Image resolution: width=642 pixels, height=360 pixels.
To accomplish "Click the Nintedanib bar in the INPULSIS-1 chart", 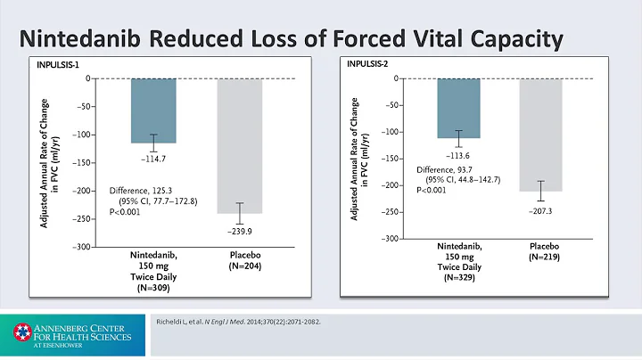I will pyautogui.click(x=153, y=110).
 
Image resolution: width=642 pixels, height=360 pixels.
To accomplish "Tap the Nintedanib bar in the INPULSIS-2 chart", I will pyautogui.click(x=458, y=108).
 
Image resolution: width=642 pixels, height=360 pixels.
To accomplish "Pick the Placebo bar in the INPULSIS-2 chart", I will pyautogui.click(x=541, y=135).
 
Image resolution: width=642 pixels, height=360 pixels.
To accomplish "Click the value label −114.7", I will pyautogui.click(x=153, y=157).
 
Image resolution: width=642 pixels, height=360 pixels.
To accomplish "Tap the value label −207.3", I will pyautogui.click(x=541, y=209).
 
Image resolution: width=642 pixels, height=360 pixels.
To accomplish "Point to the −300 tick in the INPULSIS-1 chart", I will pyautogui.click(x=83, y=247).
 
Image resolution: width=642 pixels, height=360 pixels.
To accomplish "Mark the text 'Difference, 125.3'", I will pyautogui.click(x=145, y=190).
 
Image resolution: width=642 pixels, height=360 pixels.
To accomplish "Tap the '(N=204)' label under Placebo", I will pyautogui.click(x=241, y=266).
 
